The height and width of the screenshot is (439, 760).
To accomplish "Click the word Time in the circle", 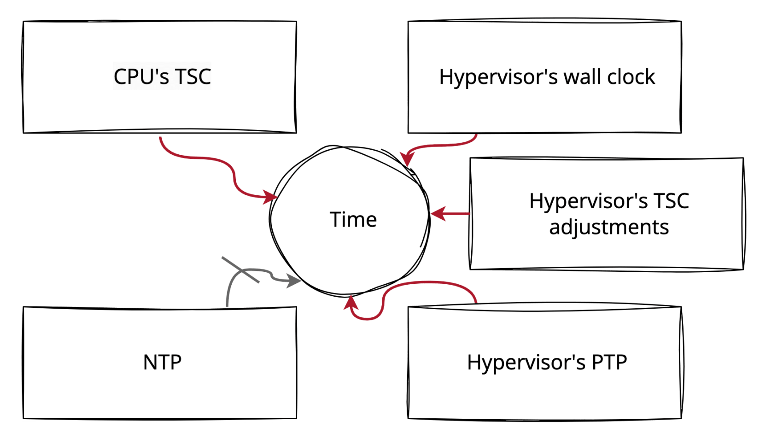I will coord(353,220).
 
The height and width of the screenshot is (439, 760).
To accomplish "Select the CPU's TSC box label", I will coord(162,76).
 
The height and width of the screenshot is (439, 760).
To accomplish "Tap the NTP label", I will coord(162,363).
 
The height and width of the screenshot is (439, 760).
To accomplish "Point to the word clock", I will coord(631,77).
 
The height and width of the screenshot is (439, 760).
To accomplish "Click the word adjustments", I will coord(609,227).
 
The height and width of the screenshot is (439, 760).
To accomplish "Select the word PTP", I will coord(609,363).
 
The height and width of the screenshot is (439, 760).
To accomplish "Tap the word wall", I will coord(582,77).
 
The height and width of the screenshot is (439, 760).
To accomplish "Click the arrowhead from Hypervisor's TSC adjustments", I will coord(438,213).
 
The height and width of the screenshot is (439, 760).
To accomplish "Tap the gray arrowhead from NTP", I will coord(293,280).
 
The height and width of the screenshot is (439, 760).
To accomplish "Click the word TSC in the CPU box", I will coord(193,76).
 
